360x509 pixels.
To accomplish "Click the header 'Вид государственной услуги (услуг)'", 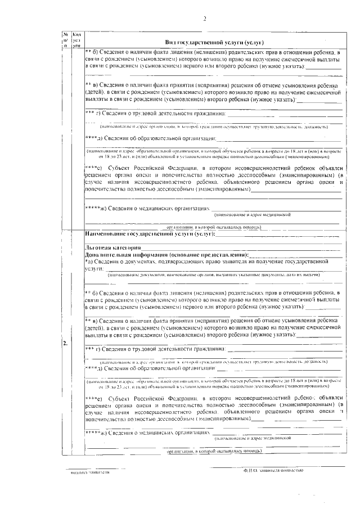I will pyautogui.click(x=214, y=42).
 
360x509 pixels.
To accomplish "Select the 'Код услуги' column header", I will pyautogui.click(x=76, y=39).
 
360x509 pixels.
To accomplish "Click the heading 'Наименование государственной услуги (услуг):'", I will pyautogui.click(x=150, y=233).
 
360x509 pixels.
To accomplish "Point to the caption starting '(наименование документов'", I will pyautogui.click(x=214, y=275).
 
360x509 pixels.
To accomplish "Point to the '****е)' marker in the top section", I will pyautogui.click(x=93, y=168).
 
